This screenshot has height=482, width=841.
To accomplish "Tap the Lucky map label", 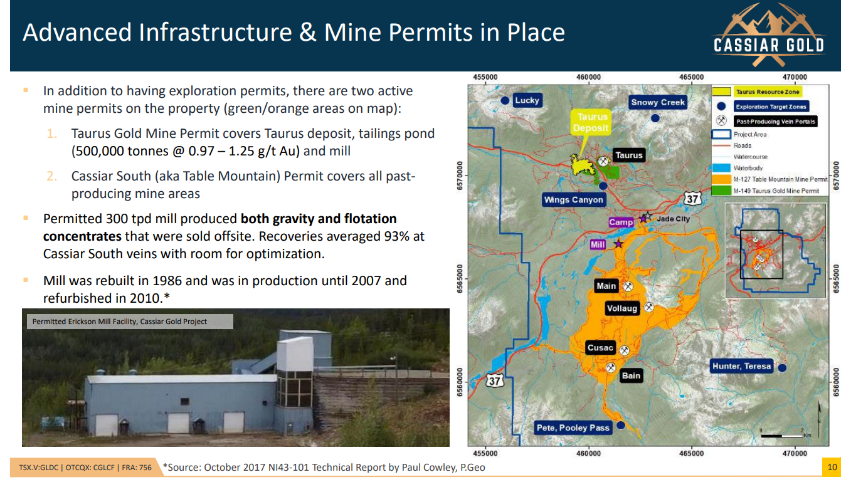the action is click(527, 100).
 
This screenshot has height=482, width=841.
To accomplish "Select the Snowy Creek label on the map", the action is click(658, 102).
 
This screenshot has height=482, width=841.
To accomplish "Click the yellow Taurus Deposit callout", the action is click(591, 122).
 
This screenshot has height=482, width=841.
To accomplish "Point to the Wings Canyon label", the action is click(574, 199).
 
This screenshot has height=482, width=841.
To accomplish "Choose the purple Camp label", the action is click(621, 222).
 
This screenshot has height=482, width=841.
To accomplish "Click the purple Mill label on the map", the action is click(598, 244).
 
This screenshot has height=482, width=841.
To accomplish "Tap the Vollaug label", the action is click(622, 308).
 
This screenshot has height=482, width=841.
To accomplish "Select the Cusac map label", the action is click(600, 348).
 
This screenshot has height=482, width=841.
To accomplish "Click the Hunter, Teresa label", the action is click(741, 366).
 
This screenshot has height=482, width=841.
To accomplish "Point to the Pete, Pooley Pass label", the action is click(573, 427).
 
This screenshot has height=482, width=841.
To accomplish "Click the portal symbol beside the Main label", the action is click(628, 286).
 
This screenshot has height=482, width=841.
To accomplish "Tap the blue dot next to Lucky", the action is click(505, 100).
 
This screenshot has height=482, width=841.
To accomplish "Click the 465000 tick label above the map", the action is click(691, 77).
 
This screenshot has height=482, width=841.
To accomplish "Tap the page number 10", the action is click(832, 467).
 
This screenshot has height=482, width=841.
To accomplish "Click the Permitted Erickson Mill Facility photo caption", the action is click(119, 322).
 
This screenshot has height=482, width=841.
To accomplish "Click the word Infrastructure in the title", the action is click(215, 32).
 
